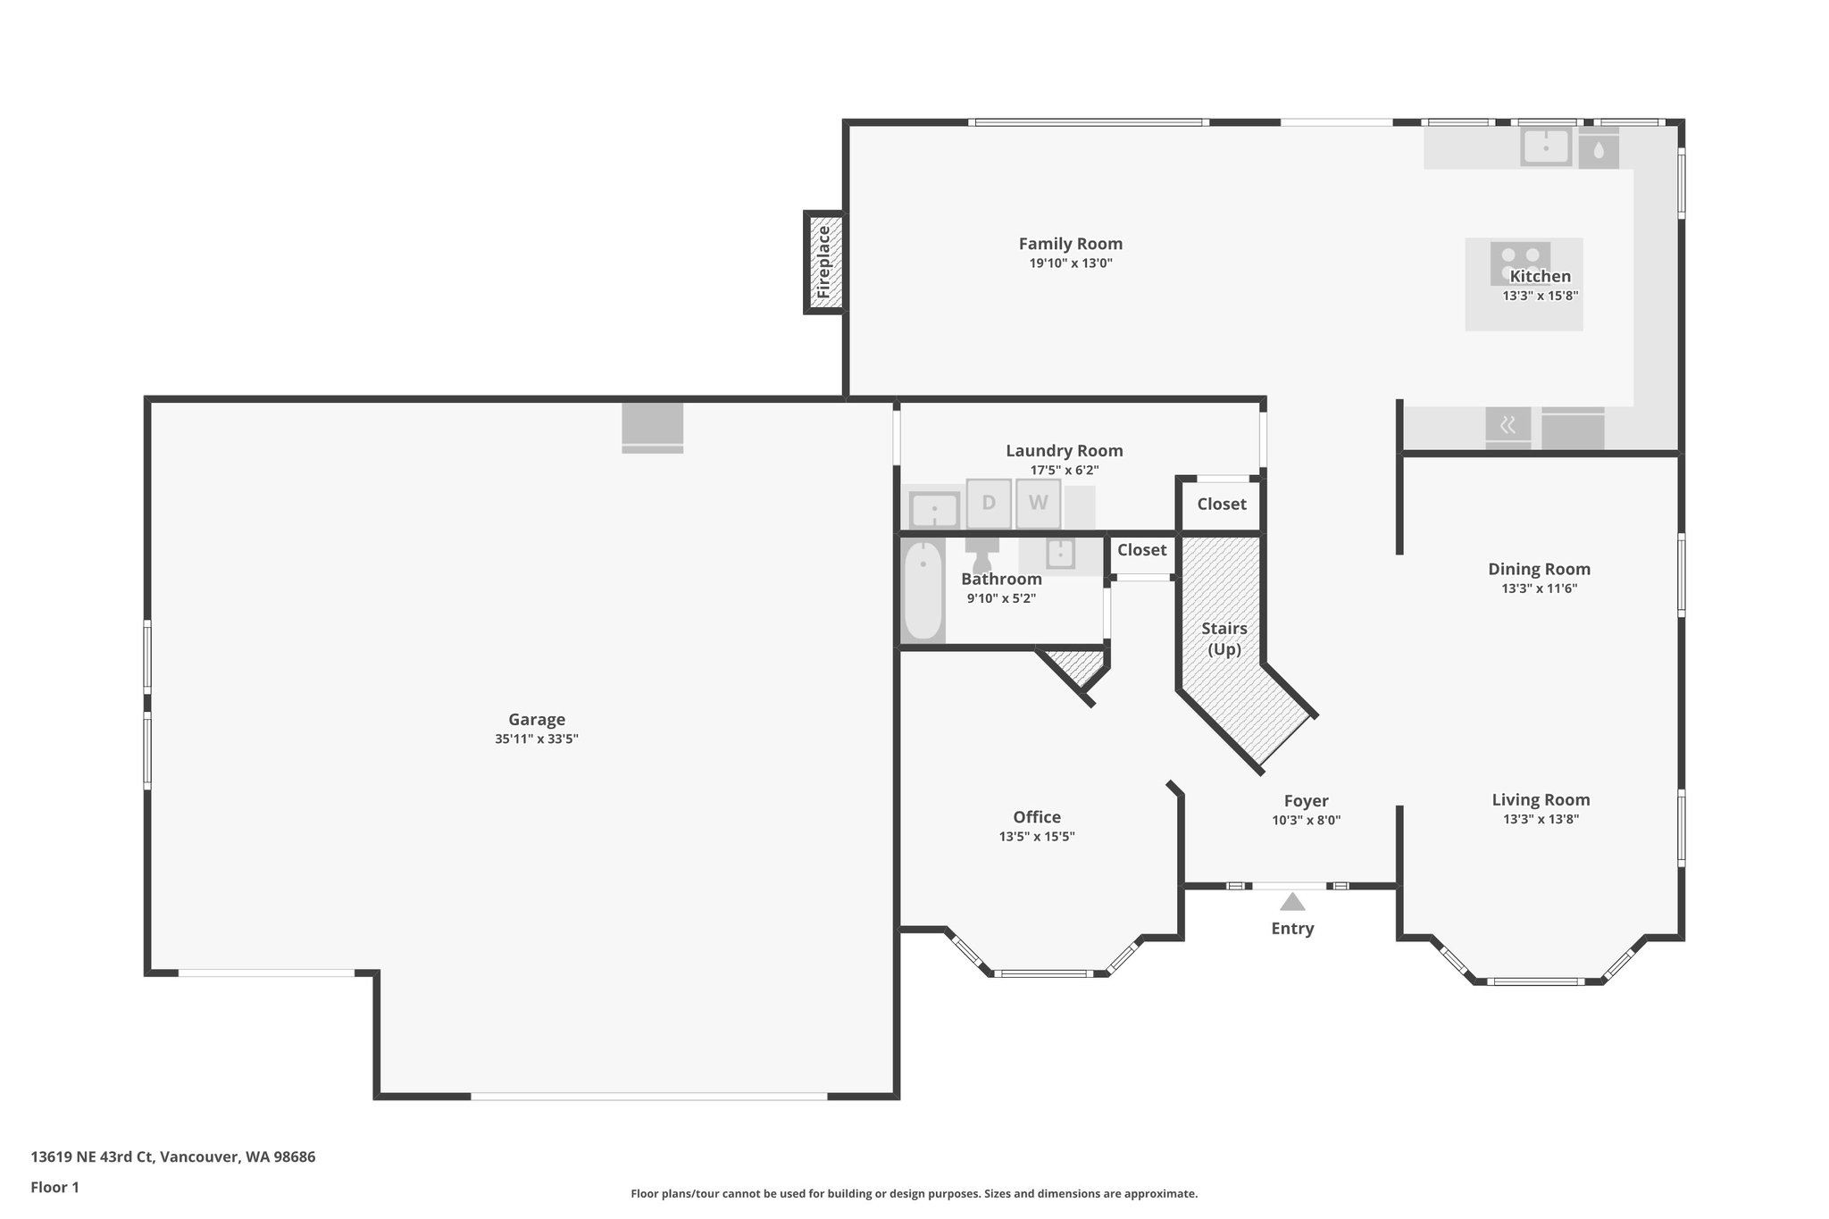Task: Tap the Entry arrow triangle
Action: (1292, 902)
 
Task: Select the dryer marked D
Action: (989, 503)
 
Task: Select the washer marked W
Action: (1038, 503)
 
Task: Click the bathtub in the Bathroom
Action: (923, 591)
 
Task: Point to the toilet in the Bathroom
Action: (982, 554)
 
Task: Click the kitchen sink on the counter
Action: (1546, 147)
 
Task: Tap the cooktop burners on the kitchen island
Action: (1520, 263)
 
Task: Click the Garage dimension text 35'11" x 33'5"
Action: (537, 739)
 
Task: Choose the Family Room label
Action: (1070, 244)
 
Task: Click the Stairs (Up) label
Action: (1224, 639)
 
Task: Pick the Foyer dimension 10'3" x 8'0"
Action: (1306, 820)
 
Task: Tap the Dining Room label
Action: (1539, 569)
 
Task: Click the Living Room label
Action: (1541, 799)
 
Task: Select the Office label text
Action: (1036, 816)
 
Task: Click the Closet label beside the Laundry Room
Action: (1221, 504)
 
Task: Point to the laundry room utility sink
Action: (934, 511)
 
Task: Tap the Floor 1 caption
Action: (54, 1187)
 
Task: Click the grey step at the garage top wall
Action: (652, 428)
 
